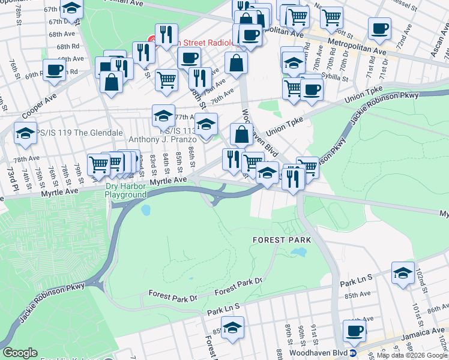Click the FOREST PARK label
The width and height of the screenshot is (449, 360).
[x=282, y=239]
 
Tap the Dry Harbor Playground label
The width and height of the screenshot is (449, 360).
[x=126, y=190]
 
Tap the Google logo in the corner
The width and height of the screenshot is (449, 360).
[x=20, y=353]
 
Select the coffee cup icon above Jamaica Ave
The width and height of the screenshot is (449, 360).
[x=354, y=329]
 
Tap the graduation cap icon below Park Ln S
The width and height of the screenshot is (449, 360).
[x=232, y=327]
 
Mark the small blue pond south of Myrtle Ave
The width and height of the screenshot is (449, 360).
[x=145, y=211]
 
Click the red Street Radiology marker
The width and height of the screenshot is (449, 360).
[x=152, y=43]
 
